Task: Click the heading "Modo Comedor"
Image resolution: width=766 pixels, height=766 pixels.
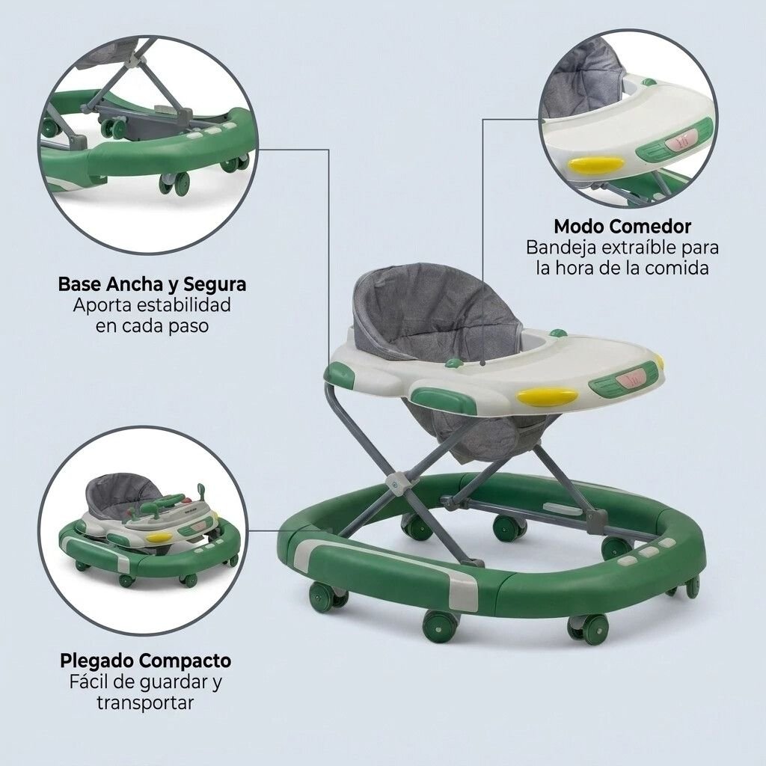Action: click(x=622, y=226)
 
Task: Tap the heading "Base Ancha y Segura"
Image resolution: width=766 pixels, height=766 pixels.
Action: click(x=152, y=284)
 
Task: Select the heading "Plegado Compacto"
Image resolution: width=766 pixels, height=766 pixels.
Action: click(x=146, y=661)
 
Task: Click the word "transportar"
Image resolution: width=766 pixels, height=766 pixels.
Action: click(x=145, y=703)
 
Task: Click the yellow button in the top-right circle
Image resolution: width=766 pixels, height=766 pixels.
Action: click(x=598, y=165)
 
